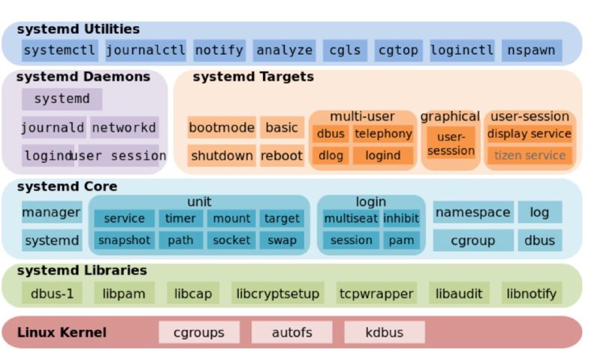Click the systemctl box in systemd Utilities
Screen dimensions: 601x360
pyautogui.click(x=60, y=50)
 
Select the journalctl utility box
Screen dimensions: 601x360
pyautogui.click(x=146, y=50)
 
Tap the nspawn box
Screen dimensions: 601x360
pyautogui.click(x=532, y=50)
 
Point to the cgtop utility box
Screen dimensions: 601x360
pyautogui.click(x=398, y=50)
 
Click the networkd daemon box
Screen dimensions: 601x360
pyautogui.click(x=125, y=127)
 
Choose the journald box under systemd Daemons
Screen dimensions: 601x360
pyautogui.click(x=53, y=127)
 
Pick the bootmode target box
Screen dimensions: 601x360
pyautogui.click(x=222, y=127)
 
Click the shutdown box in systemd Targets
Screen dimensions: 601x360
pyautogui.click(x=222, y=156)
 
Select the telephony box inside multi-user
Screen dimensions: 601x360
pyautogui.click(x=383, y=134)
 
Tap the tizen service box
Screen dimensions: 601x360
pyautogui.click(x=530, y=156)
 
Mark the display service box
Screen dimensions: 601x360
pyautogui.click(x=530, y=134)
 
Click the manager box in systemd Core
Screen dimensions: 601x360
pyautogui.click(x=52, y=212)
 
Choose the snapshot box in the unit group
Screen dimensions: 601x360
pyautogui.click(x=124, y=240)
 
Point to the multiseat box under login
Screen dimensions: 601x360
pyautogui.click(x=351, y=219)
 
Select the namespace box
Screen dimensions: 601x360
pyautogui.click(x=473, y=212)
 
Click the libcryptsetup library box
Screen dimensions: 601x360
pyautogui.click(x=278, y=293)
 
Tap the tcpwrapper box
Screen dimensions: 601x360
pyautogui.click(x=376, y=293)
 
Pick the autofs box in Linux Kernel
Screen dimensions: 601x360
pyautogui.click(x=291, y=332)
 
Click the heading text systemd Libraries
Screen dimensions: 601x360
pyautogui.click(x=82, y=271)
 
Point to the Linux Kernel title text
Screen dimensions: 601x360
pyautogui.click(x=62, y=332)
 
